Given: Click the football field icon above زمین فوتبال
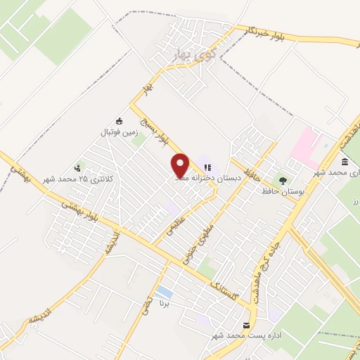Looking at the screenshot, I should click(x=119, y=120).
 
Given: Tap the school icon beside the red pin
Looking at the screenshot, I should click(x=207, y=167).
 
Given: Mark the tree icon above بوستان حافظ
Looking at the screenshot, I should click(x=284, y=179).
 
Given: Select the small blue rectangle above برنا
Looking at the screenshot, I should click(x=165, y=290).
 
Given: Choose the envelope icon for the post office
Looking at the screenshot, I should click(x=246, y=325).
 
